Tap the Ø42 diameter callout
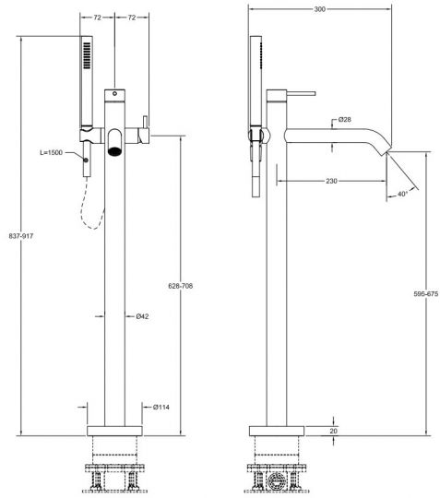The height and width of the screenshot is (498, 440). click(142, 316)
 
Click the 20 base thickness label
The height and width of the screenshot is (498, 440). click(334, 431)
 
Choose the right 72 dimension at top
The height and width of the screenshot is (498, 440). click(132, 18)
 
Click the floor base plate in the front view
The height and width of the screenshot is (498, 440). click(114, 431)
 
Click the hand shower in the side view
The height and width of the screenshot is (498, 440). click(256, 88)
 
